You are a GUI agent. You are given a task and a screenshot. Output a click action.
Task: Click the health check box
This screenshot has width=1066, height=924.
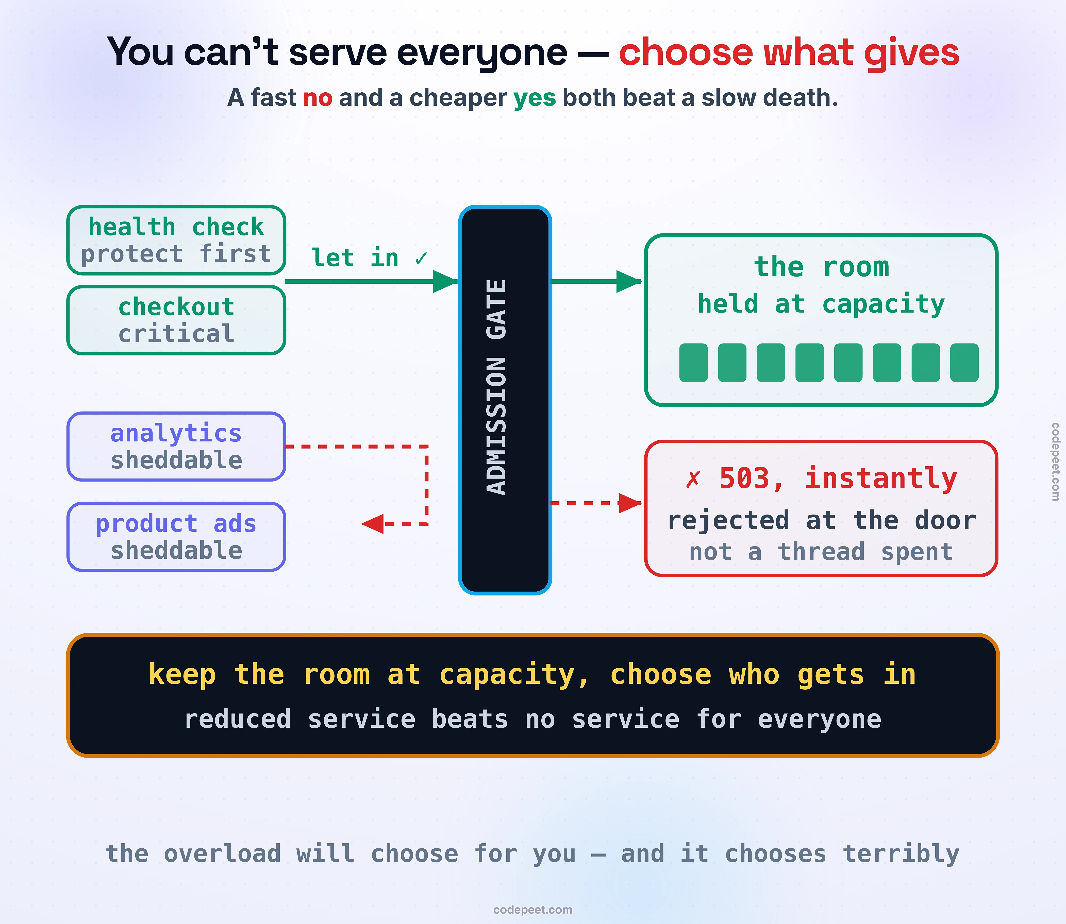pyautogui.click(x=176, y=240)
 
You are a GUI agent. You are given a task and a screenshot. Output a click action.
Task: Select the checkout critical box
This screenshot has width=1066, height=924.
pyautogui.click(x=176, y=320)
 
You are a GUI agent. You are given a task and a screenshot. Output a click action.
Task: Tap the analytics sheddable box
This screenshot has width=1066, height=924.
pyautogui.click(x=176, y=447)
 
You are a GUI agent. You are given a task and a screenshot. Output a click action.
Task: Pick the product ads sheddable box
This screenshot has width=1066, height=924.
pyautogui.click(x=176, y=537)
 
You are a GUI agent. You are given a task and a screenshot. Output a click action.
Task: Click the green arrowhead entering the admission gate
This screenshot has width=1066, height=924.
pyautogui.click(x=446, y=282)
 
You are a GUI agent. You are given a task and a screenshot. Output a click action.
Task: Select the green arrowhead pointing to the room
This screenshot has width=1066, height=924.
pyautogui.click(x=629, y=282)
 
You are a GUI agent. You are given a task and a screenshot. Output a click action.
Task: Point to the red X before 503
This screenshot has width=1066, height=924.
pyautogui.click(x=693, y=479)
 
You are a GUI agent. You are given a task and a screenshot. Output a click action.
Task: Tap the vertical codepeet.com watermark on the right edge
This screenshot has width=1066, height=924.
pyautogui.click(x=1055, y=461)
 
